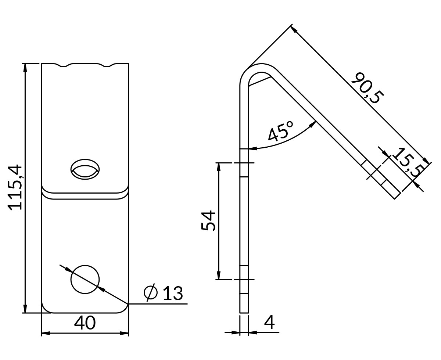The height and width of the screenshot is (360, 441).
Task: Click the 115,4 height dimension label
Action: (15, 187)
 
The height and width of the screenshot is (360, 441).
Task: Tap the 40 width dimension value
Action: (85, 323)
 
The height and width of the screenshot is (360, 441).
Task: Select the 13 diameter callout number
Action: (173, 293)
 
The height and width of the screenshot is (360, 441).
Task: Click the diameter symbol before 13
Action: (151, 292)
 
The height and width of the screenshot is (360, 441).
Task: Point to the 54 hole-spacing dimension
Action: (208, 221)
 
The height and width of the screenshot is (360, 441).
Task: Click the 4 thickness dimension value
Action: (269, 322)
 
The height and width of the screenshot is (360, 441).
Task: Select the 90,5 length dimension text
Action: (367, 88)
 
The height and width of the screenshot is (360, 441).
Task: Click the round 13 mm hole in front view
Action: (85, 279)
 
